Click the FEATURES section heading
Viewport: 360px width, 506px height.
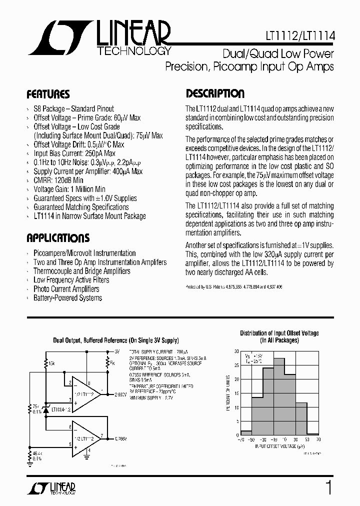(x=48, y=94)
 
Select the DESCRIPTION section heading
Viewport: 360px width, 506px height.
(x=215, y=94)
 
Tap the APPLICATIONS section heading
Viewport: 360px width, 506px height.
(x=58, y=238)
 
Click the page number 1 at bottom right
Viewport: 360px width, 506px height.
(x=328, y=486)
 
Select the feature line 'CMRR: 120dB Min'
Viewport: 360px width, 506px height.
(x=58, y=180)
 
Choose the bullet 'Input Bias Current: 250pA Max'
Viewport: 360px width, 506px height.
(x=74, y=153)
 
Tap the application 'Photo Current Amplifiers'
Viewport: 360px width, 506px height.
(x=66, y=289)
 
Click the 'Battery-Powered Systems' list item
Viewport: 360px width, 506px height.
(x=67, y=298)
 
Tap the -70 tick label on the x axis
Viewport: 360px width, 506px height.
(x=241, y=440)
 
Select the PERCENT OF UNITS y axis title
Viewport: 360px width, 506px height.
(x=228, y=393)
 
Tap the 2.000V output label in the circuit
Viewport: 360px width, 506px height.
(x=120, y=394)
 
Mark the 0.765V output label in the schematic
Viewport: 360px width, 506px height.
(x=120, y=438)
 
